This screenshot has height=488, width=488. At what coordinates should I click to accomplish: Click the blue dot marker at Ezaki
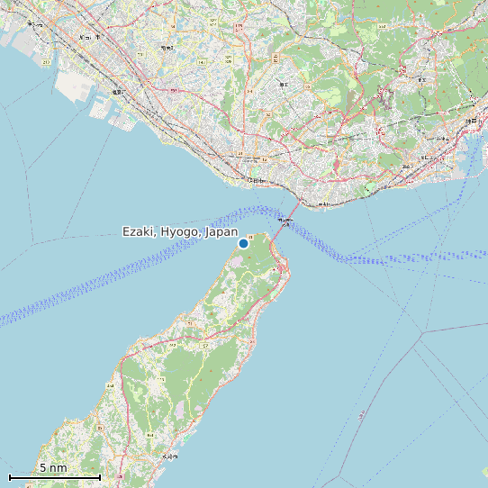pyautogui.click(x=243, y=243)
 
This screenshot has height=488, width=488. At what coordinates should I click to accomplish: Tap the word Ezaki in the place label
pyautogui.click(x=140, y=232)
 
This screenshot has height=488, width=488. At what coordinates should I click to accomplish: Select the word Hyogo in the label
pyautogui.click(x=181, y=232)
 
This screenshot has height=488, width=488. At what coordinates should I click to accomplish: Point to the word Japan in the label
pyautogui.click(x=221, y=232)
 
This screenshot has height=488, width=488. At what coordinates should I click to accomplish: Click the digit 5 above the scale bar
pyautogui.click(x=42, y=468)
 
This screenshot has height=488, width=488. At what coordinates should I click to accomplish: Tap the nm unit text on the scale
pyautogui.click(x=59, y=468)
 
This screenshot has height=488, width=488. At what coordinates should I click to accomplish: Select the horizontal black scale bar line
pyautogui.click(x=54, y=476)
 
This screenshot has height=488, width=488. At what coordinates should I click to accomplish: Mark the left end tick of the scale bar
pyautogui.click(x=10, y=476)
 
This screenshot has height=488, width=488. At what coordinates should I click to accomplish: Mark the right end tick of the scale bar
pyautogui.click(x=99, y=476)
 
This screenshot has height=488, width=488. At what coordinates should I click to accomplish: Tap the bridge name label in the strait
pyautogui.click(x=285, y=220)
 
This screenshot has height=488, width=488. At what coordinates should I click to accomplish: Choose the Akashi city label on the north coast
pyautogui.click(x=258, y=181)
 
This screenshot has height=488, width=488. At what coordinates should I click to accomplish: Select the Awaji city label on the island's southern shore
pyautogui.click(x=166, y=458)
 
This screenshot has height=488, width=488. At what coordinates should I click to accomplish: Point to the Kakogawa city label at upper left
pyautogui.click(x=86, y=37)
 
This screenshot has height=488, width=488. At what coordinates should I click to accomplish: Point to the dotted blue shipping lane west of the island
pyautogui.click(x=108, y=279)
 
